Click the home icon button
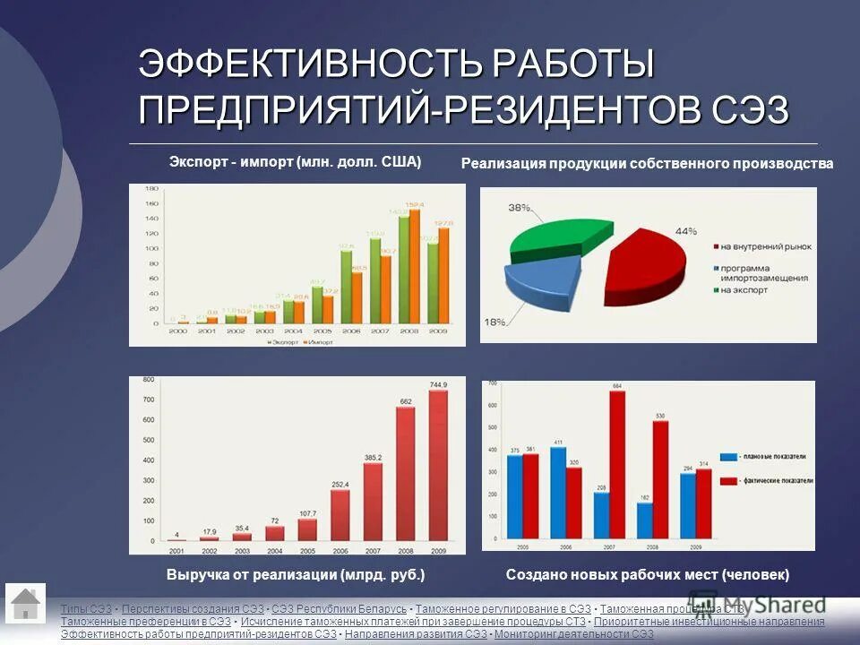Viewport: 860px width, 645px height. tap(26, 602)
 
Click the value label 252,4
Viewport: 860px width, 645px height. tap(340, 485)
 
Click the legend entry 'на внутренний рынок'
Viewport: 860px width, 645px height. tap(760, 245)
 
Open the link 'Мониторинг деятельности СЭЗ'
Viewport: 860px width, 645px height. tap(574, 634)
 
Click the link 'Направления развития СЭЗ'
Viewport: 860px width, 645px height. tap(417, 634)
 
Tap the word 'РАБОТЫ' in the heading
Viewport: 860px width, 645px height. tap(574, 65)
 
